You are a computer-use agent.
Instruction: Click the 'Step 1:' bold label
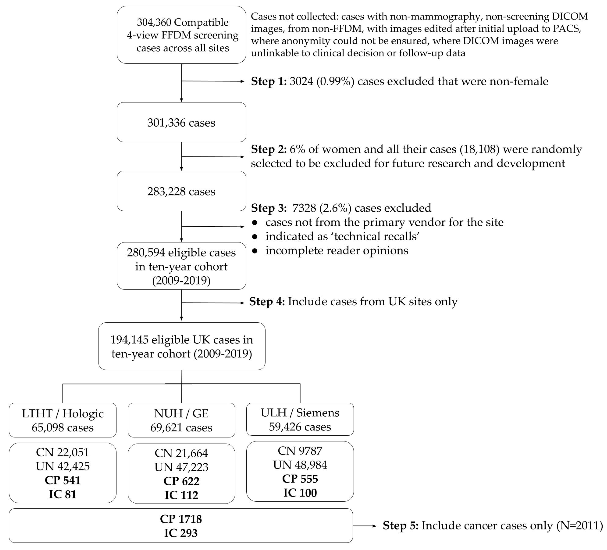(x=269, y=81)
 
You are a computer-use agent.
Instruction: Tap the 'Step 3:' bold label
(x=269, y=208)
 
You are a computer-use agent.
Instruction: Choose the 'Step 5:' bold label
(x=400, y=526)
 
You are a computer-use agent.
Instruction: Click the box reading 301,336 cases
(x=181, y=122)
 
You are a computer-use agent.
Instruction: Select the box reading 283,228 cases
(x=181, y=191)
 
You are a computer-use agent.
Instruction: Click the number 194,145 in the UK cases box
(x=129, y=340)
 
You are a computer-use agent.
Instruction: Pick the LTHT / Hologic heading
(x=63, y=414)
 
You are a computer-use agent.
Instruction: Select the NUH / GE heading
(x=181, y=414)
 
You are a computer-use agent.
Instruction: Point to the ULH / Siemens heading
(x=300, y=413)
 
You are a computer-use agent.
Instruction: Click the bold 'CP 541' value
(x=63, y=480)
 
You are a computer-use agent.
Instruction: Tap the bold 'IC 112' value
(x=181, y=495)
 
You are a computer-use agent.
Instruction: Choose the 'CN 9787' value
(x=300, y=451)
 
